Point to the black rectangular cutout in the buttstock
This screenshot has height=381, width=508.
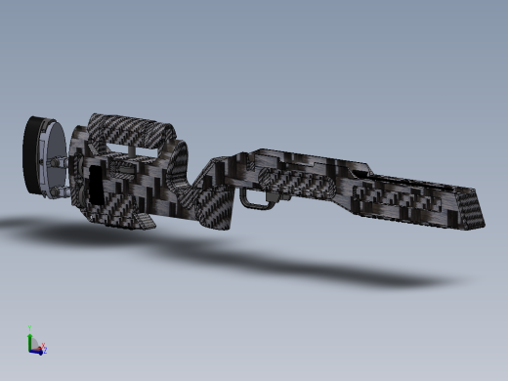click(95, 187)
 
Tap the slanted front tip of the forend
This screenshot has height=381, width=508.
click(476, 207)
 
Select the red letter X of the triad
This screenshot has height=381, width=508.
click(43, 345)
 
